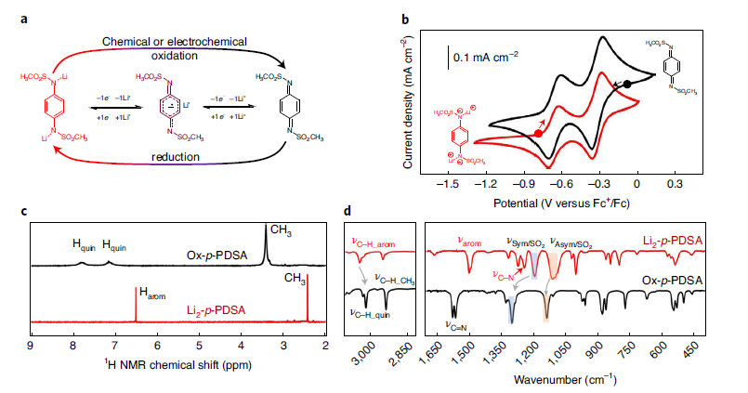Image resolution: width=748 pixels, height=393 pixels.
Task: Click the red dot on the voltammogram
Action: point(538,134)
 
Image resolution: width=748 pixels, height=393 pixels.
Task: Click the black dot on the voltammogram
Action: point(627,85)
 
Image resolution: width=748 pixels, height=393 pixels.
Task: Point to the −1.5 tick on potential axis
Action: point(450,184)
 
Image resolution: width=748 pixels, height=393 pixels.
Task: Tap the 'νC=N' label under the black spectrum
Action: point(456,325)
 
